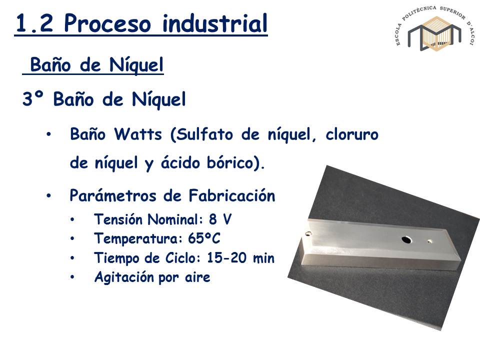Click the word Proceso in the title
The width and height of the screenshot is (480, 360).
tap(107, 23)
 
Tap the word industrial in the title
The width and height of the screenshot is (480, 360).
tap(215, 23)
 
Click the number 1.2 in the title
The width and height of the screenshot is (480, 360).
tap(34, 23)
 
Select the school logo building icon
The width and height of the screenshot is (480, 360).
tap(434, 33)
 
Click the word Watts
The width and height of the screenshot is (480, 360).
tap(138, 134)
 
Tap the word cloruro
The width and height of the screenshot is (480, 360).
tap(352, 134)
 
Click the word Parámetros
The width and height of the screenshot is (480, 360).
tap(113, 195)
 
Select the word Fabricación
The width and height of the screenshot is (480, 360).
tap(231, 195)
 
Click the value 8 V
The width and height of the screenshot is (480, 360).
tap(220, 219)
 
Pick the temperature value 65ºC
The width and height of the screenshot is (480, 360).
tap(204, 238)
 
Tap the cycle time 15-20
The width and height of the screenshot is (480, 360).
tap(226, 258)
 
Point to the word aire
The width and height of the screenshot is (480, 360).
tap(197, 277)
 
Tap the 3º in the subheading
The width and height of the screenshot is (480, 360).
tap(33, 99)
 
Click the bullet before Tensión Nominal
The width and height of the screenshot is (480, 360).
tap(72, 220)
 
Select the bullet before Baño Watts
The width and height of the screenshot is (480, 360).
tap(48, 134)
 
